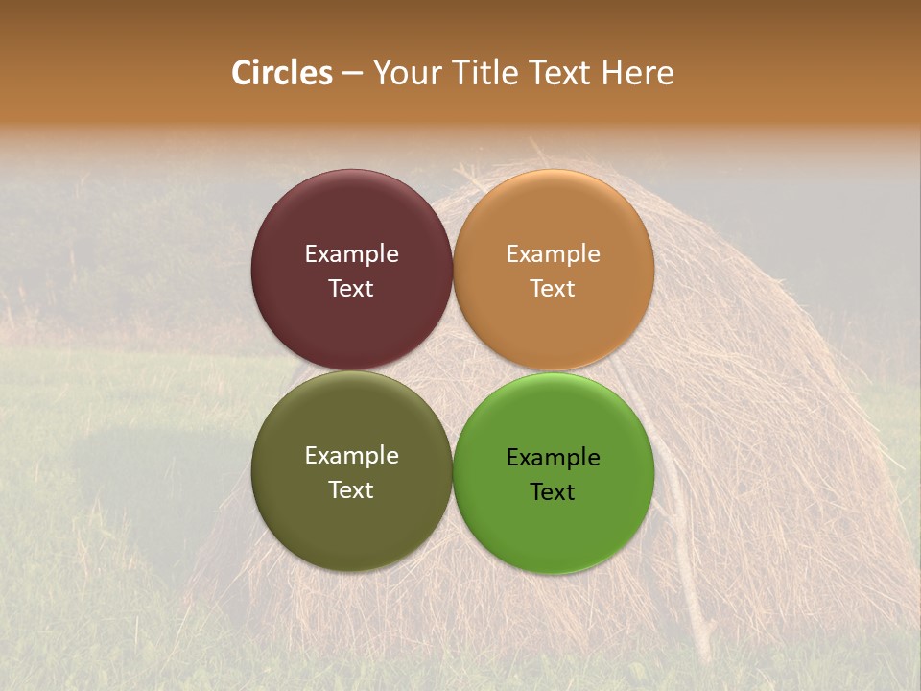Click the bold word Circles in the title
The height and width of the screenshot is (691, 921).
click(282, 73)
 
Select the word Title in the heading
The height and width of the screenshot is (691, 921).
click(480, 73)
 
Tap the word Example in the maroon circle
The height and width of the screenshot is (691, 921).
click(351, 254)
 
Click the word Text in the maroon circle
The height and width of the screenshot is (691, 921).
click(351, 289)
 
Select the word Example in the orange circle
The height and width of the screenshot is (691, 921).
click(554, 254)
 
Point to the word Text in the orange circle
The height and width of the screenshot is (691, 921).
click(554, 289)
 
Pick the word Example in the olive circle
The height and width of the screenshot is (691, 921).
click(351, 456)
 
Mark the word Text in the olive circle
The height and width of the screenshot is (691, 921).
click(351, 490)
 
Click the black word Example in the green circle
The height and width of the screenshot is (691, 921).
click(554, 458)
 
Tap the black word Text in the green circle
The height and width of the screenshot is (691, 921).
click(554, 492)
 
